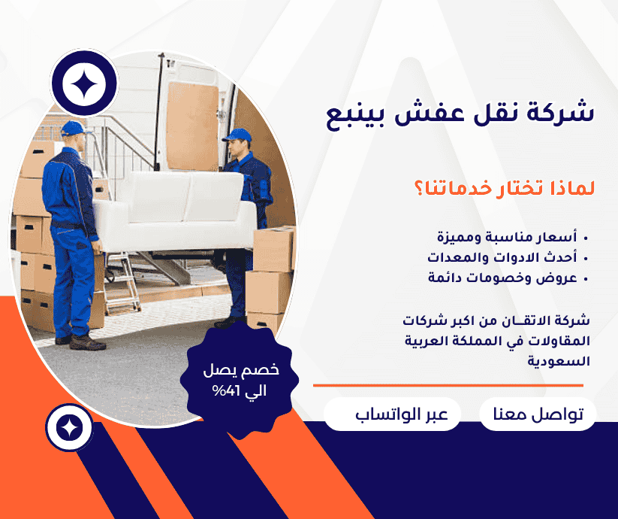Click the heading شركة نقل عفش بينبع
point(460,114)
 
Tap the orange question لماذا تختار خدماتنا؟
point(505,188)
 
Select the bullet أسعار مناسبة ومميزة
point(507,237)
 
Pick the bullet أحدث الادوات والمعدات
point(502,257)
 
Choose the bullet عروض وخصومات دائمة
point(502,278)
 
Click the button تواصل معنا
point(538,414)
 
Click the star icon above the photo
point(84,83)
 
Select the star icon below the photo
point(69,428)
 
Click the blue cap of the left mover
point(73,129)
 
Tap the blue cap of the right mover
point(237,135)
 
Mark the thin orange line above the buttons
point(448,385)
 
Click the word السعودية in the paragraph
point(559,361)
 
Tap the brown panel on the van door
point(192,126)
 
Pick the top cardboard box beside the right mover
point(273,250)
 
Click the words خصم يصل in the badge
point(241,370)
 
